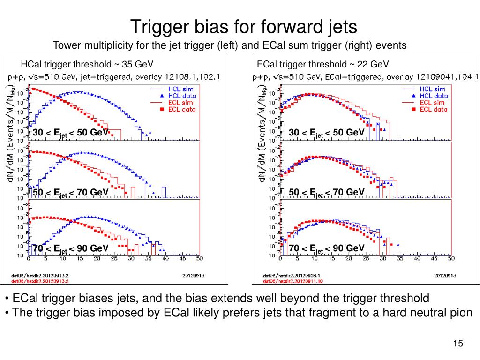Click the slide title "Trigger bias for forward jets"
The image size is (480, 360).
[x=243, y=26]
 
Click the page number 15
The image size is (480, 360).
[x=458, y=344]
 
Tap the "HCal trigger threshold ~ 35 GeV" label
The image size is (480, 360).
[x=87, y=64]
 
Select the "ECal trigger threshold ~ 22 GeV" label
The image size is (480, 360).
[x=323, y=64]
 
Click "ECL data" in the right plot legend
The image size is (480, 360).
[x=433, y=109]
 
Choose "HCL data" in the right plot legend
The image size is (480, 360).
[x=433, y=96]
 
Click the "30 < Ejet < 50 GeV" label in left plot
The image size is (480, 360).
[x=70, y=133]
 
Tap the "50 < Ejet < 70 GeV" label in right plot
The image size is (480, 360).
[x=327, y=192]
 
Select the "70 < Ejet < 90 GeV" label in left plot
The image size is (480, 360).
[x=70, y=248]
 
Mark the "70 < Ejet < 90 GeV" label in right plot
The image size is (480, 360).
[x=327, y=248]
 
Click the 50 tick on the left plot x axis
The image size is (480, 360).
[x=199, y=259]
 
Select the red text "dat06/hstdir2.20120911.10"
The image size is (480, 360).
[x=293, y=281]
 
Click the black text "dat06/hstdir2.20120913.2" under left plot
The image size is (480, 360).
[x=40, y=276]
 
